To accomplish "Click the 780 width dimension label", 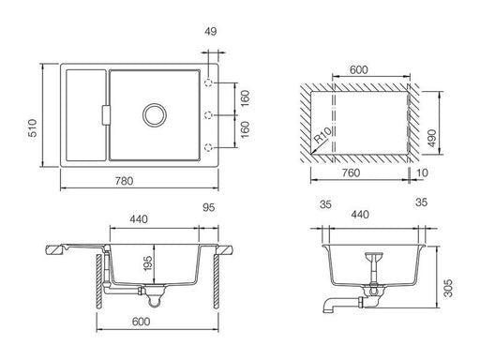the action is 124,181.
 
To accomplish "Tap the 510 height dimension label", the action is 33,127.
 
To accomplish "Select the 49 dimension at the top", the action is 211,32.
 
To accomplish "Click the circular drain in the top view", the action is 154,114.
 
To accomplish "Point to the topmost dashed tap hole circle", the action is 208,83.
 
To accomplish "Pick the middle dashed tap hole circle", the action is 208,115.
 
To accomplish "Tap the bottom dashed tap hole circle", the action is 208,147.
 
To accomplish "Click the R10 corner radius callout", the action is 322,136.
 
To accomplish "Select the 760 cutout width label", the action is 351,172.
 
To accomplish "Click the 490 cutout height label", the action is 432,138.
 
